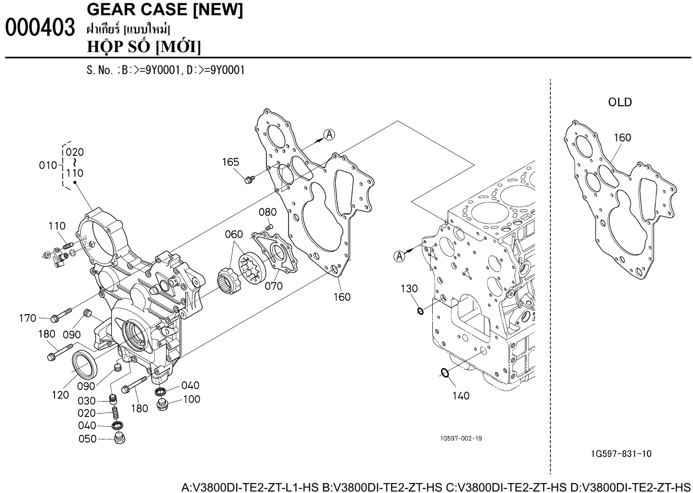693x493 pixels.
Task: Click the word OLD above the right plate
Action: click(619, 103)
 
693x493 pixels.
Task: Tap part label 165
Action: click(230, 162)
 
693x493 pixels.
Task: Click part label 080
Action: click(268, 212)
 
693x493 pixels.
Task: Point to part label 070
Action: click(274, 286)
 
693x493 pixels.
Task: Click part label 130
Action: click(409, 289)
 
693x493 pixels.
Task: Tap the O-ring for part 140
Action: click(444, 373)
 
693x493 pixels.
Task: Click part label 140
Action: click(461, 395)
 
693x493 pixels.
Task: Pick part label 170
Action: click(28, 319)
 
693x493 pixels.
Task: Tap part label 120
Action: click(60, 395)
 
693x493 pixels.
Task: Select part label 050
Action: click(87, 439)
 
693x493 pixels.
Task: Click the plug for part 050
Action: click(118, 438)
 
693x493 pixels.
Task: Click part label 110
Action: click(57, 226)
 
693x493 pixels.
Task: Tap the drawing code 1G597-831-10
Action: click(622, 454)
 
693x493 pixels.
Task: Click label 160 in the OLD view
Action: click(622, 138)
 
